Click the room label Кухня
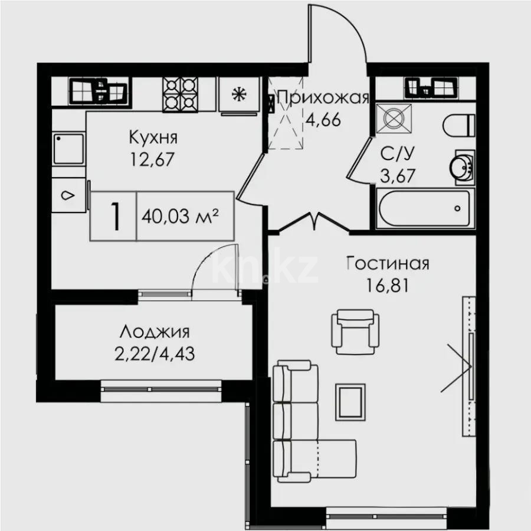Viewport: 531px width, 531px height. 153,138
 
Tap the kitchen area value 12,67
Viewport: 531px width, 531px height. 153,159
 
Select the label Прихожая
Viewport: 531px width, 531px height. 323,98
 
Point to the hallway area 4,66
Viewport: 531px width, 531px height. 323,120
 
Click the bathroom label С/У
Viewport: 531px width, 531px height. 398,154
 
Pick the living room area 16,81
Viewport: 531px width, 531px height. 388,285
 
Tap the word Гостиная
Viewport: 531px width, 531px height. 388,264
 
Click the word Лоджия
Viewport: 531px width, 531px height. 155,332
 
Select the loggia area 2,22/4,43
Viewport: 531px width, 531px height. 155,354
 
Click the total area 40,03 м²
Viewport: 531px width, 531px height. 180,216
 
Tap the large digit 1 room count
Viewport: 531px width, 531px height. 116,217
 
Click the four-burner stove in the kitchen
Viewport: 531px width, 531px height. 180,94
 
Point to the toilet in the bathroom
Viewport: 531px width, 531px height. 458,125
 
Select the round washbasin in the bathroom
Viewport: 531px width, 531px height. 462,167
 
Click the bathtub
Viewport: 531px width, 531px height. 425,209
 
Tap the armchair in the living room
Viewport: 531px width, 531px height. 355,332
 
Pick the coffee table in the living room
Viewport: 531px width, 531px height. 350,402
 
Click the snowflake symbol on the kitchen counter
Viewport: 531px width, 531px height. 239,94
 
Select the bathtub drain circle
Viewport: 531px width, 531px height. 457,208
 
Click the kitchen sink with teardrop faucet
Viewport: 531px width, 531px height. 69,195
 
